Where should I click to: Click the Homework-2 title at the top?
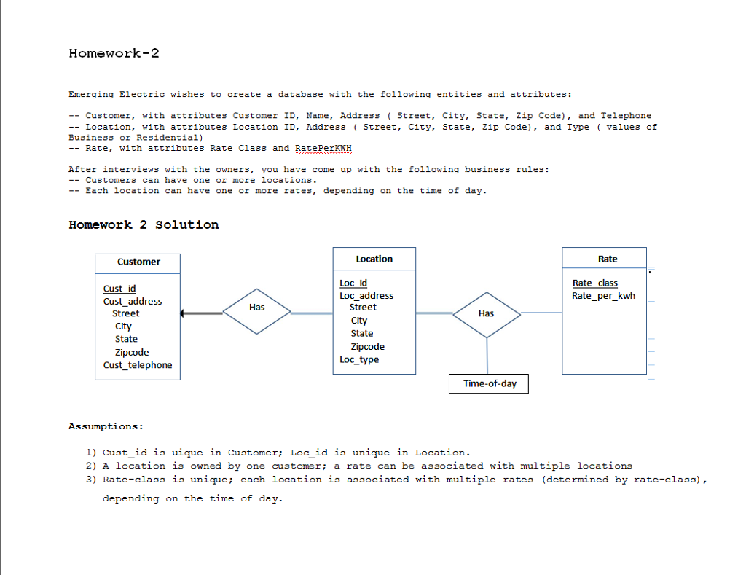tap(114, 53)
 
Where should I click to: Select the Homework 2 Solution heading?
tap(144, 224)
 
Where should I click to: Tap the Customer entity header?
tap(138, 262)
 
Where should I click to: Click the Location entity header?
tap(374, 259)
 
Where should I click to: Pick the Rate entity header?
tap(608, 259)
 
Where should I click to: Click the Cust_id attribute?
tap(119, 289)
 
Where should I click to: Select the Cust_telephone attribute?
tap(138, 365)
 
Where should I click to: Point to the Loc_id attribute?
tap(353, 283)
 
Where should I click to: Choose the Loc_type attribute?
tap(359, 359)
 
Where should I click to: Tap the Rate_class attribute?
tap(595, 283)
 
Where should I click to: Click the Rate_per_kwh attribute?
tap(604, 295)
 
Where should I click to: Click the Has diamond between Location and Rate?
tap(487, 314)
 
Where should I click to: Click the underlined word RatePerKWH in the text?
tap(323, 148)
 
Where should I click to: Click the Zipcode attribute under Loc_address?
tap(368, 347)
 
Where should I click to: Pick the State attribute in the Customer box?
tap(126, 339)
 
